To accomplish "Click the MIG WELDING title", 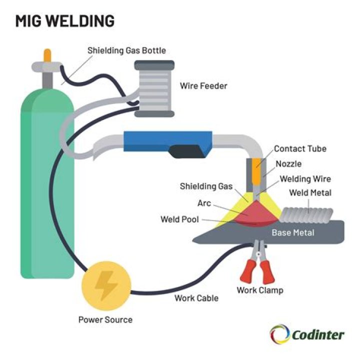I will click(64, 20).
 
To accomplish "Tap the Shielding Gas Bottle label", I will click(126, 50).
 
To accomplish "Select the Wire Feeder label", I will click(203, 86).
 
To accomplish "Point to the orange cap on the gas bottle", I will click(47, 55).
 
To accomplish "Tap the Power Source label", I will click(105, 320).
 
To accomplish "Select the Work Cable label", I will click(196, 298).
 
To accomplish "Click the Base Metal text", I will click(293, 232).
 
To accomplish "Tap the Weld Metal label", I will click(310, 193).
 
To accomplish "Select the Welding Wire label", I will click(305, 178).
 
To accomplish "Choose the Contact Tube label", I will click(300, 149).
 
